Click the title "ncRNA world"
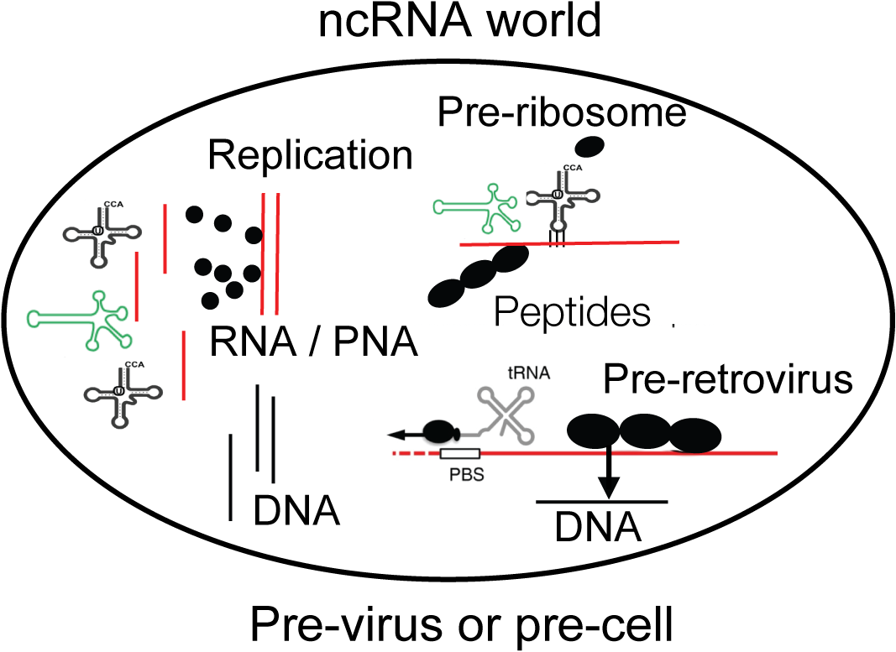460,22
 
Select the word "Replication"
311,157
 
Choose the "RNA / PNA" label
313,342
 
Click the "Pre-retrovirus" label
727,381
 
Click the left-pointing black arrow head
395,435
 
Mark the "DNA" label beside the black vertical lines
297,509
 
